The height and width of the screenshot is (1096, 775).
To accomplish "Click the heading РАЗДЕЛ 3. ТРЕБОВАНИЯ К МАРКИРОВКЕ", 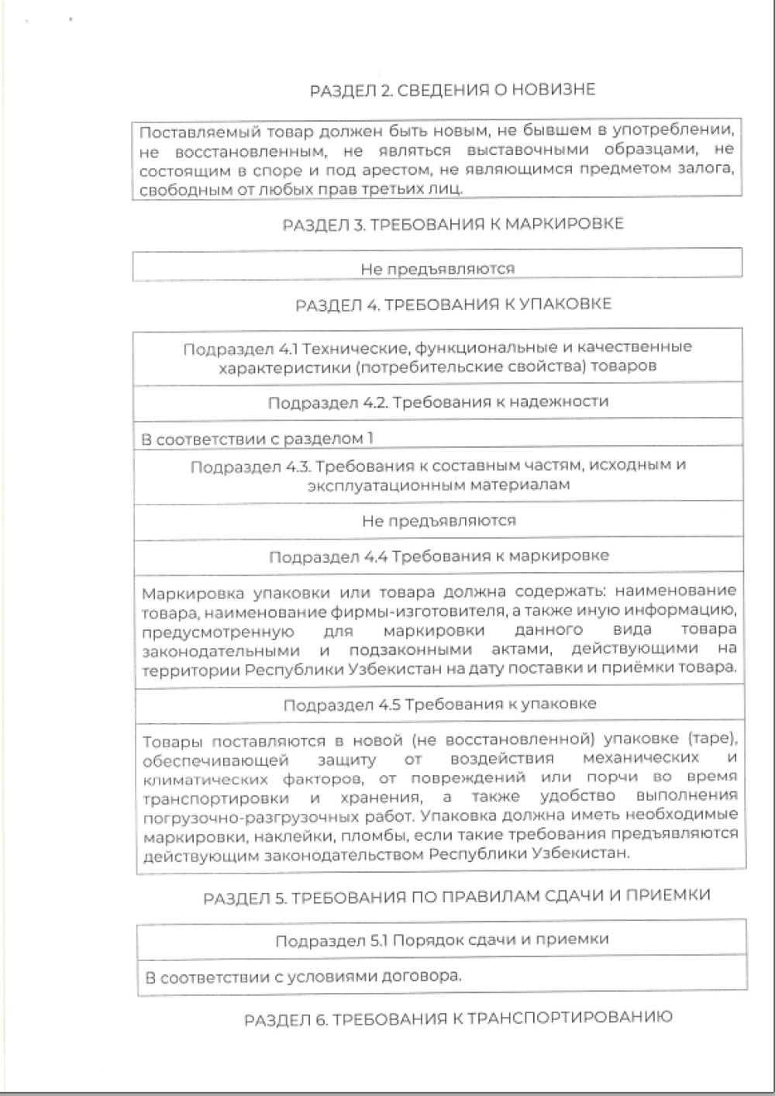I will pos(453,224).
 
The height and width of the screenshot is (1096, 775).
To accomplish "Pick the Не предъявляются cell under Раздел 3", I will pos(437,269).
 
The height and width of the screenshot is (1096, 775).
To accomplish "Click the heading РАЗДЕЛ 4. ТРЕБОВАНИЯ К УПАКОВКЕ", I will pos(453,304).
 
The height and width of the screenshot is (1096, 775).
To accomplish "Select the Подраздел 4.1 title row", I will pos(437,357).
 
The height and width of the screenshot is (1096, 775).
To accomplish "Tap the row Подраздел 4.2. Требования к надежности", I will pos(438,402).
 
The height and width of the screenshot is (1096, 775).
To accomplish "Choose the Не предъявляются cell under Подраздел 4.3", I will pos(439,521).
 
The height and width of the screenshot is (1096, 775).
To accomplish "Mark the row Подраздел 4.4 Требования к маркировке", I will pos(439,557).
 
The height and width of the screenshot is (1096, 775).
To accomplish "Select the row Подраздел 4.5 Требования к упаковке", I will pos(439,705).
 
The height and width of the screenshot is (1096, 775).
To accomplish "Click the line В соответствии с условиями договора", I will pos(303,977).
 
